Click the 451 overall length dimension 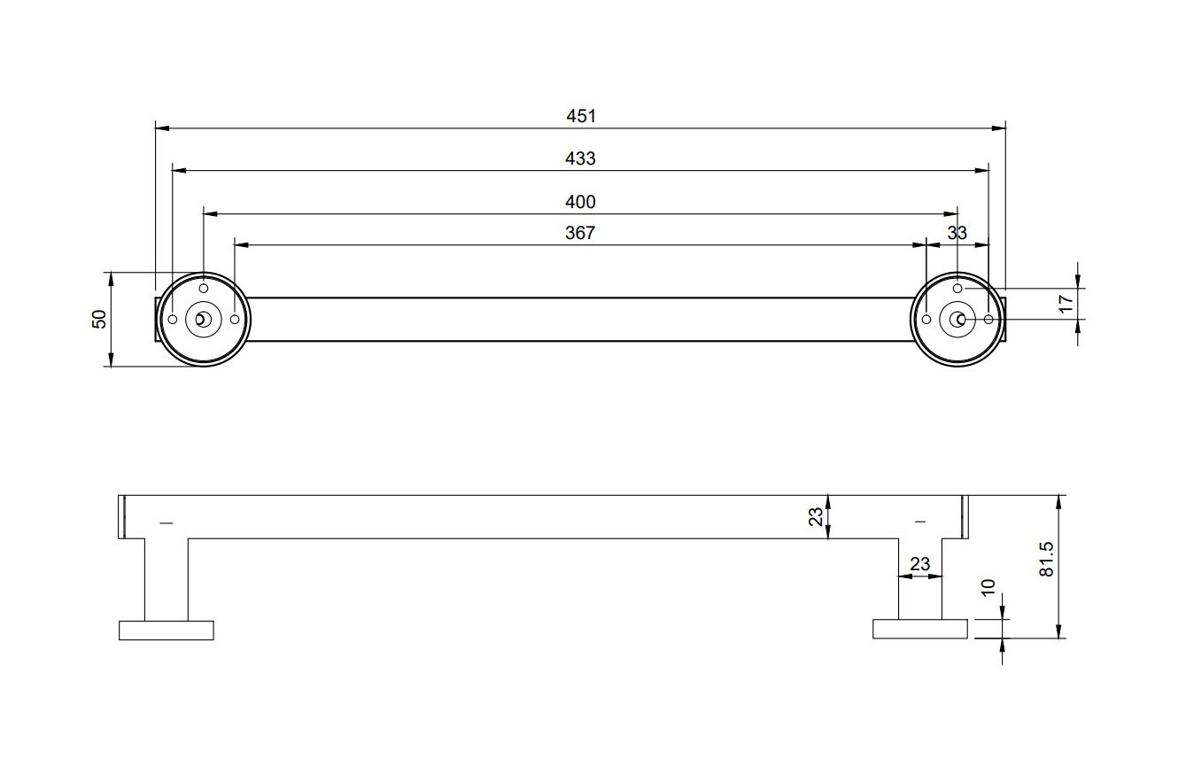[581, 116]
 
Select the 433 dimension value [580, 159]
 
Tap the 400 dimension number [580, 202]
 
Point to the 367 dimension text [580, 233]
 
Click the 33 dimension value [957, 233]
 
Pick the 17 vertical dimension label [1066, 302]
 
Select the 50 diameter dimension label [99, 319]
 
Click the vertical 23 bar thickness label [816, 516]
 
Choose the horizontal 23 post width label [919, 564]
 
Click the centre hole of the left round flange [204, 319]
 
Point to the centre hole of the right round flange [957, 319]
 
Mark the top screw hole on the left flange [204, 289]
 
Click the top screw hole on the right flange [957, 289]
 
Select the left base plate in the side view [167, 630]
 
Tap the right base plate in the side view [920, 630]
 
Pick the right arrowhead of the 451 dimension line [1000, 128]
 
